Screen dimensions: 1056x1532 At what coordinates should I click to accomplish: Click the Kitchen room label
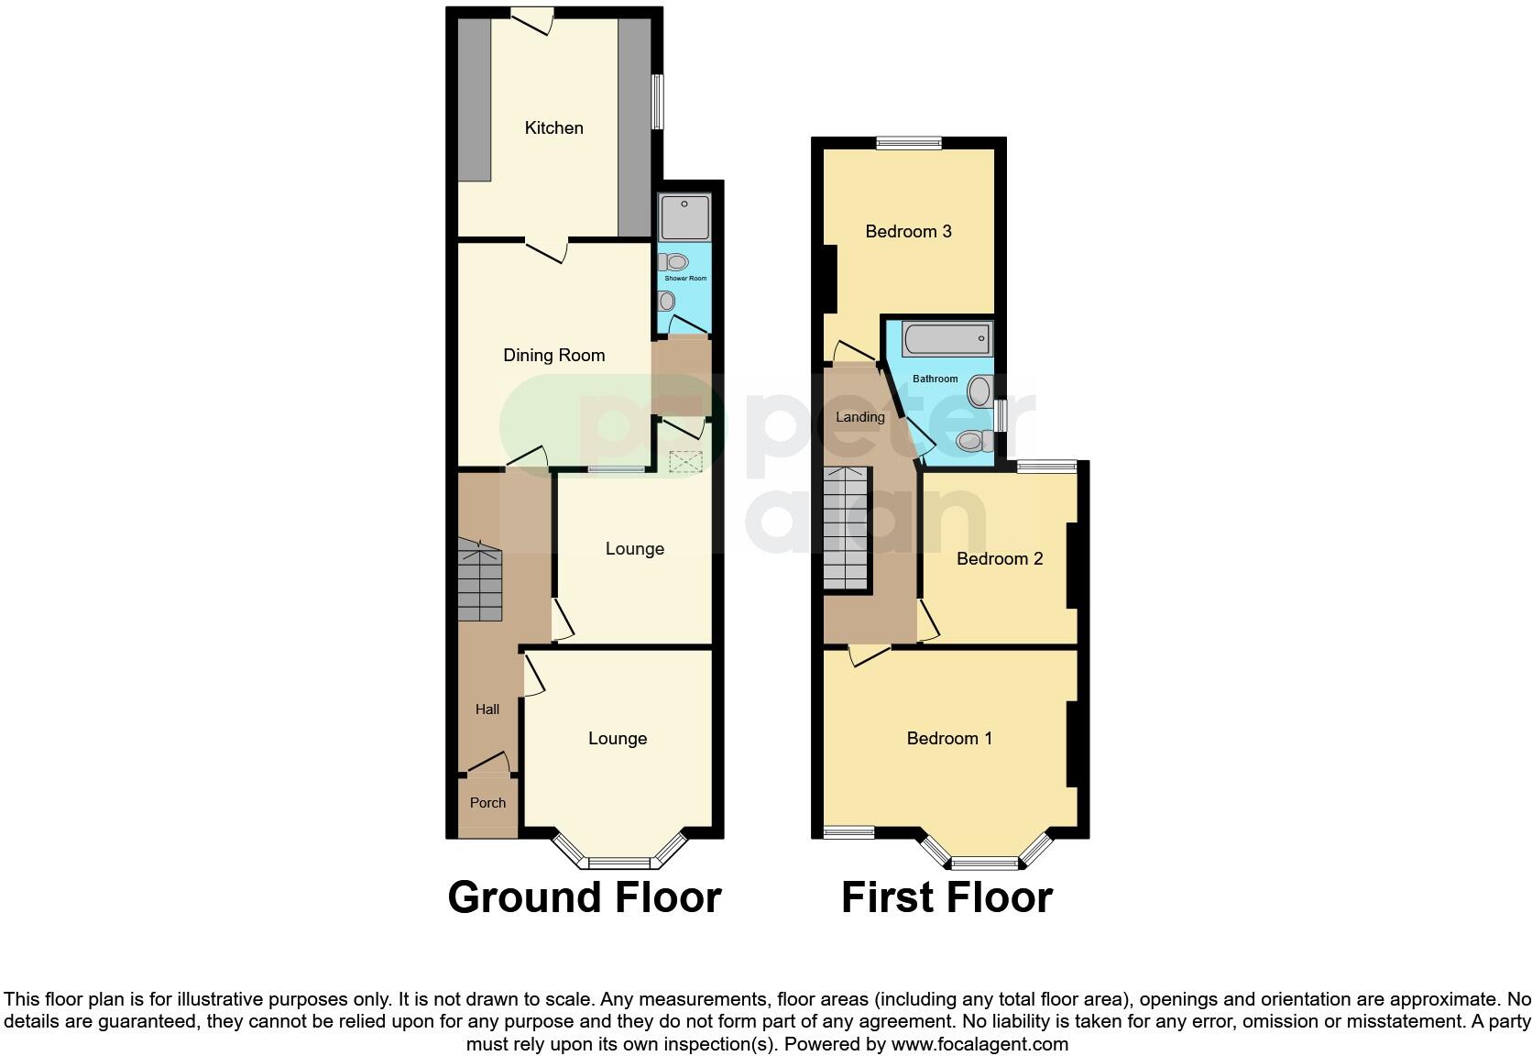[x=553, y=127]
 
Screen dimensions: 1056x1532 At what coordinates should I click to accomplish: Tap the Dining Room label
[x=553, y=355]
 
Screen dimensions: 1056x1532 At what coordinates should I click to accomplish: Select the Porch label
[x=487, y=802]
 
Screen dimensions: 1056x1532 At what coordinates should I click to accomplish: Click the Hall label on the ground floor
[x=487, y=709]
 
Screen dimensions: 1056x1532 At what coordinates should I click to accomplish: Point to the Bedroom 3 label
[x=908, y=231]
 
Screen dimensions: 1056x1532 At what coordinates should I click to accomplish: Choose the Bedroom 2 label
[x=1000, y=558]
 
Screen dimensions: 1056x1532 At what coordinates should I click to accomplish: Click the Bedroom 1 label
[x=949, y=738]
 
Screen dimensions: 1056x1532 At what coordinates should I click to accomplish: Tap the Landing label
[x=859, y=417]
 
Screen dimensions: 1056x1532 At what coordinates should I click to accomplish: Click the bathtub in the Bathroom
[x=947, y=339]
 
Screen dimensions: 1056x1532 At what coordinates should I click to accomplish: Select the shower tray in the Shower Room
[x=684, y=217]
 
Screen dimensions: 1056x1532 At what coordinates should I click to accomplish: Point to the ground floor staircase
[x=480, y=581]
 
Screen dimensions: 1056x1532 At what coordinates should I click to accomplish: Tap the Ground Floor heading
[x=584, y=896]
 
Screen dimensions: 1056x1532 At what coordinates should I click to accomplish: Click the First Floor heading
[x=947, y=896]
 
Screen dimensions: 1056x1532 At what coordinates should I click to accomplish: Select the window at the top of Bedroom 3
[x=908, y=142]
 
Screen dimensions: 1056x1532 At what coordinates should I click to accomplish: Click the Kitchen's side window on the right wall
[x=658, y=101]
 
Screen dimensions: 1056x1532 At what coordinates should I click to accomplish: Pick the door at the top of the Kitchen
[x=531, y=16]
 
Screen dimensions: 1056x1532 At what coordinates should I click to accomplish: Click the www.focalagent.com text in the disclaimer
[x=979, y=1043]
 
